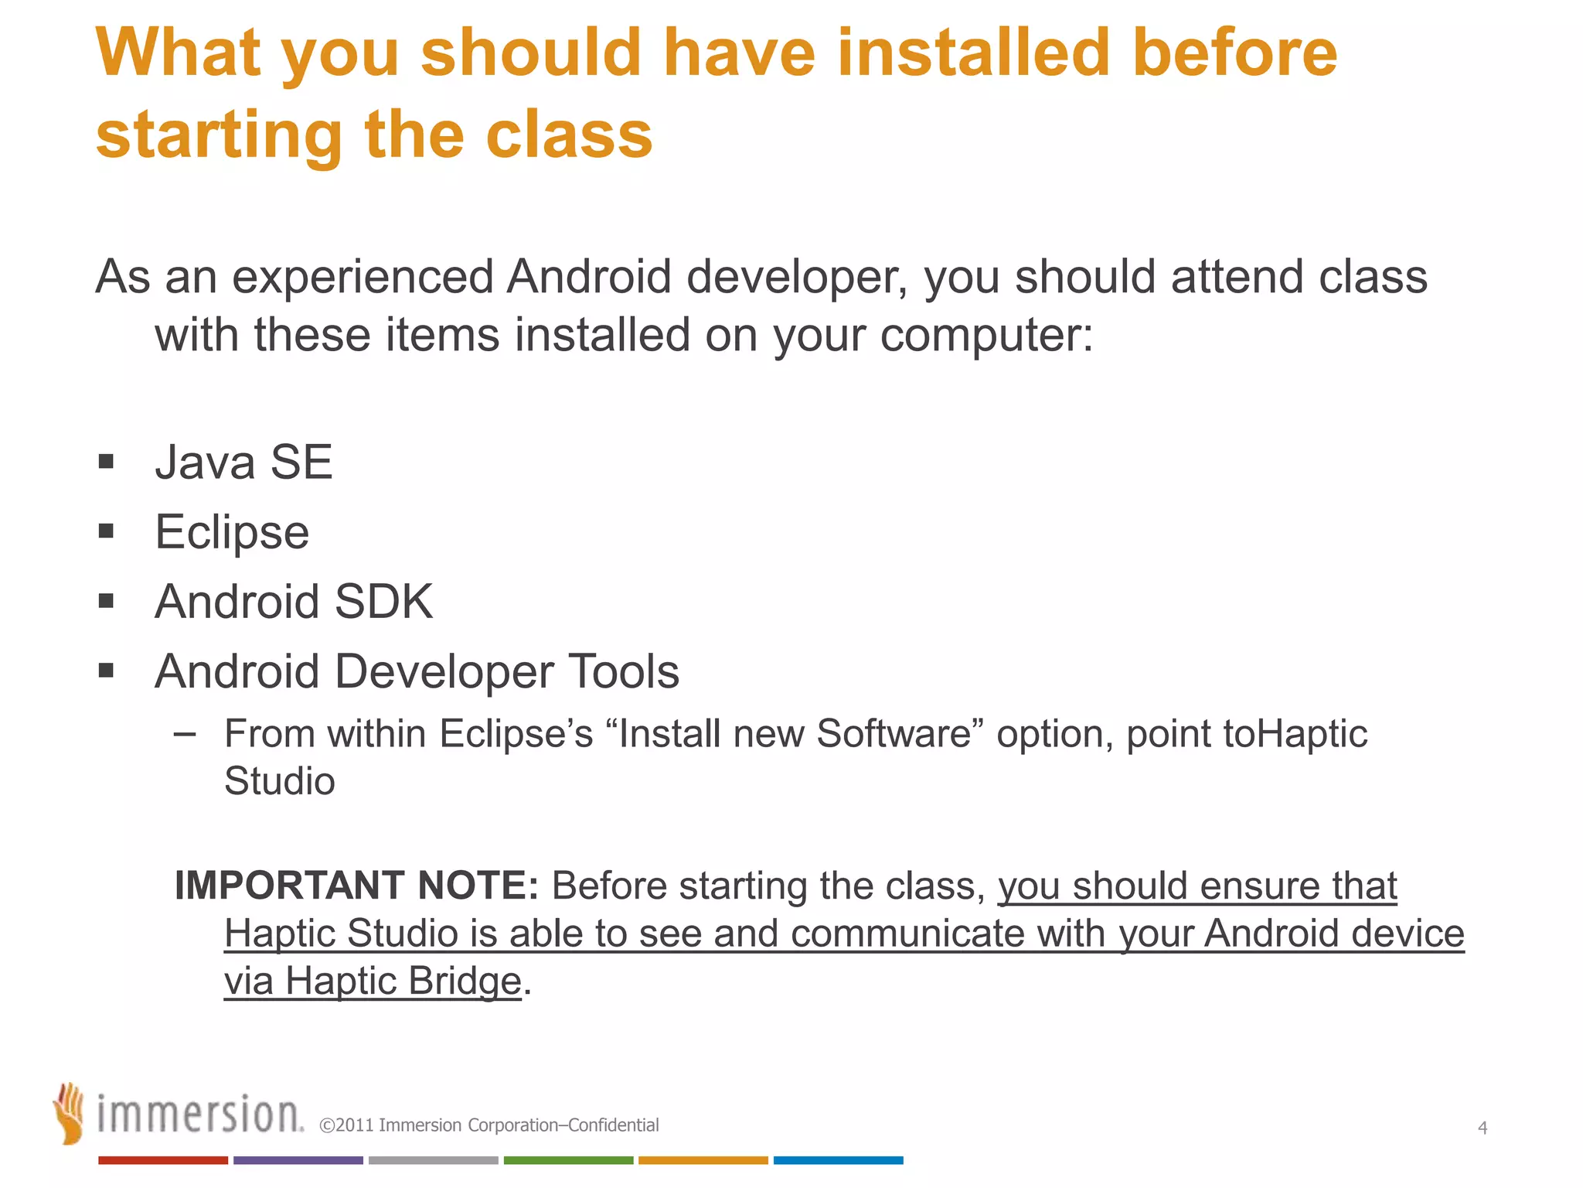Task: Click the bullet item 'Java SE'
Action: (243, 463)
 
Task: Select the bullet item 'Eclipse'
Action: (232, 532)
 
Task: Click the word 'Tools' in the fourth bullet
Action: (624, 671)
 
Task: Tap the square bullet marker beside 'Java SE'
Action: (107, 463)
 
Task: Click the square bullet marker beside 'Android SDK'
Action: (107, 601)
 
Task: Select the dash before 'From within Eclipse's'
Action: (185, 733)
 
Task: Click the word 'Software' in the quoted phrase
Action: (894, 733)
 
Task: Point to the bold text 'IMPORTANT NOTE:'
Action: (356, 886)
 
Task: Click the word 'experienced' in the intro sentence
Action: (363, 277)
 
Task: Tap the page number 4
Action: (1482, 1128)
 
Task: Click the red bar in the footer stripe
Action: (163, 1160)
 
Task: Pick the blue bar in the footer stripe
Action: (838, 1160)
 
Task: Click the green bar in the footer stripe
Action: (568, 1160)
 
